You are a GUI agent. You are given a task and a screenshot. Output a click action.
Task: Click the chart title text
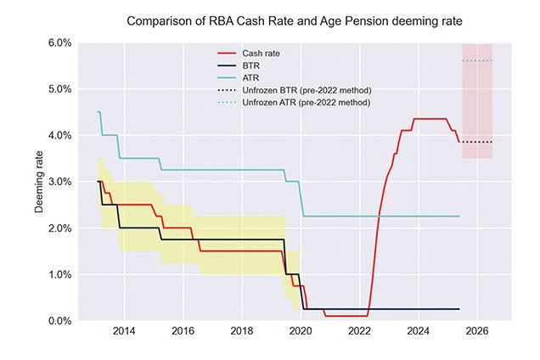[x=290, y=19]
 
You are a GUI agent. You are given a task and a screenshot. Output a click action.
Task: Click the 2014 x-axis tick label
[x=124, y=331]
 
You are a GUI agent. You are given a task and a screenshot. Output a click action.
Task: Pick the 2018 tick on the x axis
[x=241, y=331]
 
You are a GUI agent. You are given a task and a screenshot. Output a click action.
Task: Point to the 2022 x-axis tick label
[x=358, y=331]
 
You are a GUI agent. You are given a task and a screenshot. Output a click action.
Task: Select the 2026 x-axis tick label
[x=476, y=331]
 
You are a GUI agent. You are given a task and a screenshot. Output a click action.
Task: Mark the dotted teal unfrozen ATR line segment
[x=476, y=61]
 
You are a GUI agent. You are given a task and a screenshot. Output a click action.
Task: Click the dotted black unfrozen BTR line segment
[x=476, y=142]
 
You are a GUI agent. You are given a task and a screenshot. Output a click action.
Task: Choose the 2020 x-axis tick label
[x=300, y=331]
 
